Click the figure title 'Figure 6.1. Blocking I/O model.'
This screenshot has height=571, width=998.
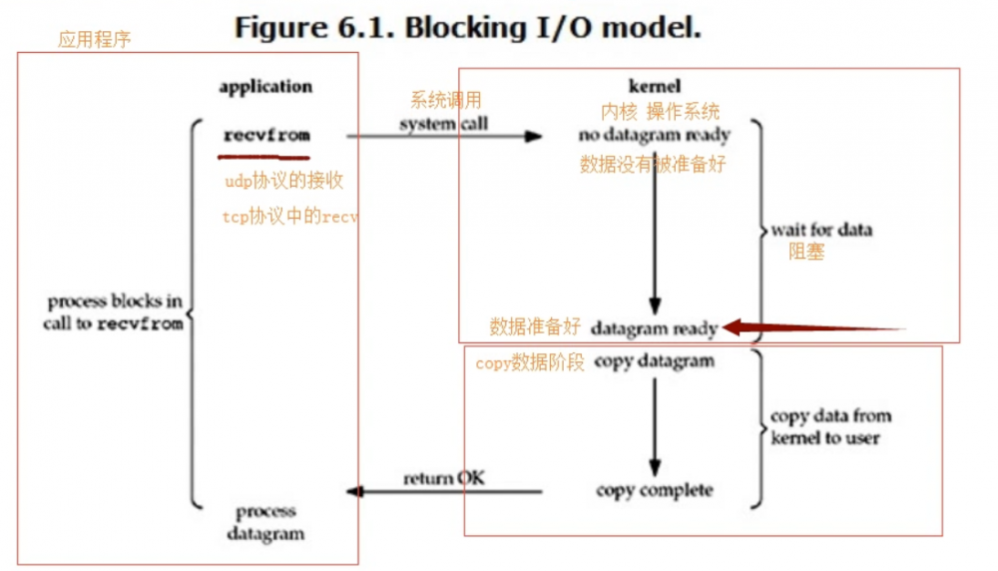pyautogui.click(x=467, y=27)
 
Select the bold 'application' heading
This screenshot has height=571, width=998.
pyautogui.click(x=265, y=87)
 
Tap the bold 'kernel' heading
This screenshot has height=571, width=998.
pyautogui.click(x=655, y=86)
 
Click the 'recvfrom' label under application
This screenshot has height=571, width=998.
pyautogui.click(x=266, y=135)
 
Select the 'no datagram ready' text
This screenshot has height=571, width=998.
pyautogui.click(x=655, y=134)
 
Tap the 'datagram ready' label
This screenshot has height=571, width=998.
pyautogui.click(x=653, y=327)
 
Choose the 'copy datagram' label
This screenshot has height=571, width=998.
pyautogui.click(x=654, y=361)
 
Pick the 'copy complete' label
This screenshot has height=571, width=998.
pyautogui.click(x=654, y=490)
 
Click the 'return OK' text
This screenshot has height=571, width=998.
pyautogui.click(x=445, y=478)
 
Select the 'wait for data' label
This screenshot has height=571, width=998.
pyautogui.click(x=821, y=230)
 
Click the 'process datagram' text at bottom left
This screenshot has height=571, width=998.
pyautogui.click(x=264, y=522)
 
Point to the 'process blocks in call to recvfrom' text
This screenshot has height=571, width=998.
pyautogui.click(x=114, y=312)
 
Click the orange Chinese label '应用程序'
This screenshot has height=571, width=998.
pyautogui.click(x=95, y=41)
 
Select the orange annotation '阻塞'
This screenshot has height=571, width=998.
pyautogui.click(x=806, y=253)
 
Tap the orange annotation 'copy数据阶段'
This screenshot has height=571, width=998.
pyautogui.click(x=530, y=363)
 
